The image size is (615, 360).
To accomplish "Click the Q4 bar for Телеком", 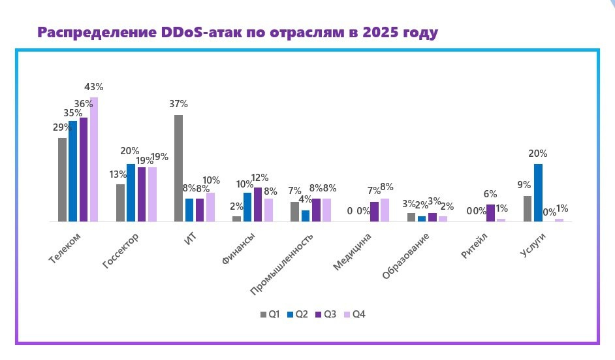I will (x=94, y=159).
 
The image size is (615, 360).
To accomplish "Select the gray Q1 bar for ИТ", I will (x=178, y=169).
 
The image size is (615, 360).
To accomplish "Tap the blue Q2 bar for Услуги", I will (x=538, y=193).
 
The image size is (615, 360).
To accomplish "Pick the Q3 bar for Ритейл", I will (x=490, y=213).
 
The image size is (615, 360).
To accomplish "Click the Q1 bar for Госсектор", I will (x=120, y=203).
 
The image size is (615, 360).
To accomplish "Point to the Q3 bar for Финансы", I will (x=258, y=205).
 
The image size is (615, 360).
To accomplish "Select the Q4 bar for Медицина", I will (x=385, y=210).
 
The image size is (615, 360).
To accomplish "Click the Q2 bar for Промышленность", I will (x=306, y=216).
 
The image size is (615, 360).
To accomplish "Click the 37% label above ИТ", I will (x=178, y=104).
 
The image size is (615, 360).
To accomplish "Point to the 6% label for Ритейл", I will (x=490, y=194).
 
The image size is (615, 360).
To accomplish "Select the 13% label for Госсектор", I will (x=118, y=174).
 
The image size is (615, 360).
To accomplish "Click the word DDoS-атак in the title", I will (x=195, y=33).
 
